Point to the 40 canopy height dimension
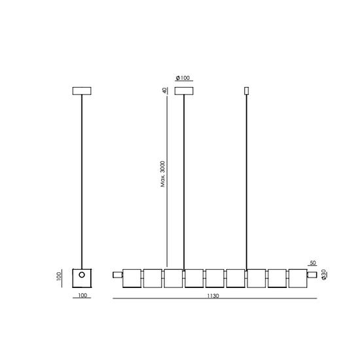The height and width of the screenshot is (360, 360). tap(163, 90)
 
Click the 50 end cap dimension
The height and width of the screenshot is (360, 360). tap(312, 263)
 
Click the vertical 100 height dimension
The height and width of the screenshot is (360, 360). tap(59, 276)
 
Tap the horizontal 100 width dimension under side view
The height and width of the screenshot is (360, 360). tap(82, 296)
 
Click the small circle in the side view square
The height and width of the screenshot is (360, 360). tap(82, 276)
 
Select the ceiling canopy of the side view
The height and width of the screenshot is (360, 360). tap(82, 90)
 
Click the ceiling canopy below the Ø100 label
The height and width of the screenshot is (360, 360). tap(184, 90)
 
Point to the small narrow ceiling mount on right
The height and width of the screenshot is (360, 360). tap(247, 90)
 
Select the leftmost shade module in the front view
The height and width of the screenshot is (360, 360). tap(132, 277)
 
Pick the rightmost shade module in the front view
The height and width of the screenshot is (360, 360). tap(298, 277)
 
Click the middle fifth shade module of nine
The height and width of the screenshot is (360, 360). tap(215, 277)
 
